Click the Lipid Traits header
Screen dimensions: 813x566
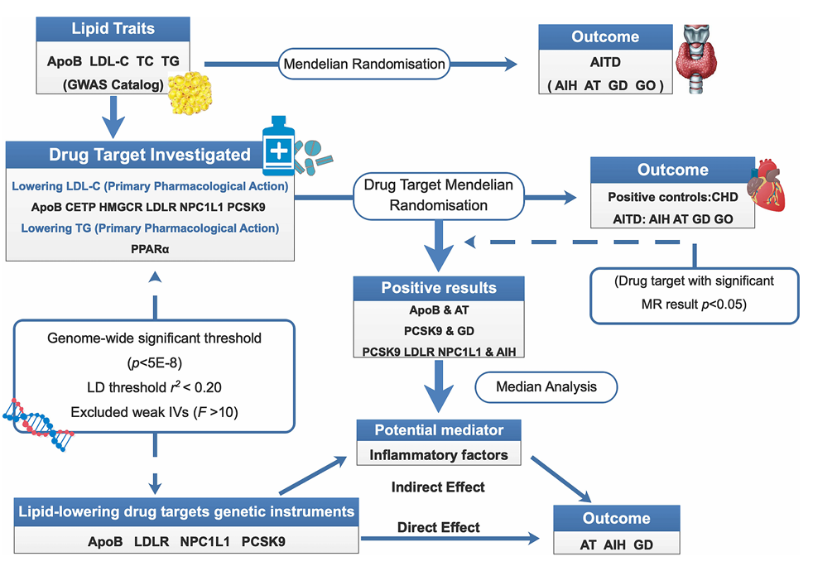(x=113, y=28)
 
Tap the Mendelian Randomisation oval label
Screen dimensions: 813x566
(x=364, y=64)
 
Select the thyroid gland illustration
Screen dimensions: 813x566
(x=696, y=59)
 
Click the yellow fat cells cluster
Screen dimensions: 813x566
(x=190, y=93)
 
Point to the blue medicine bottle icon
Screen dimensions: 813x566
(x=278, y=146)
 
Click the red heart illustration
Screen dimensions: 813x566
(x=766, y=185)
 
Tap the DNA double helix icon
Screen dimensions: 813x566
(x=38, y=424)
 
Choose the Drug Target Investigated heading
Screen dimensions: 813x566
(x=149, y=155)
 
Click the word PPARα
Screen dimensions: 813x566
(x=150, y=249)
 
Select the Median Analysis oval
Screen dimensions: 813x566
(x=546, y=386)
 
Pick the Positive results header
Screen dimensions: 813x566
(x=439, y=288)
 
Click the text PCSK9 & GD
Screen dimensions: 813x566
(x=439, y=331)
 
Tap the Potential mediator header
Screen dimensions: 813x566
(x=439, y=429)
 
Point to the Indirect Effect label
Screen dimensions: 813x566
(x=438, y=487)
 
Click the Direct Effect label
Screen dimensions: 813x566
(x=439, y=527)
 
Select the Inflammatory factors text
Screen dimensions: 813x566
(x=439, y=455)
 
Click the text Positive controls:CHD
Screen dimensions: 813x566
(x=672, y=197)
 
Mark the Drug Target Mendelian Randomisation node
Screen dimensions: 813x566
(x=439, y=195)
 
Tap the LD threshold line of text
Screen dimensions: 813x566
(x=154, y=387)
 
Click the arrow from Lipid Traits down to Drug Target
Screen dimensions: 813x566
(x=113, y=118)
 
